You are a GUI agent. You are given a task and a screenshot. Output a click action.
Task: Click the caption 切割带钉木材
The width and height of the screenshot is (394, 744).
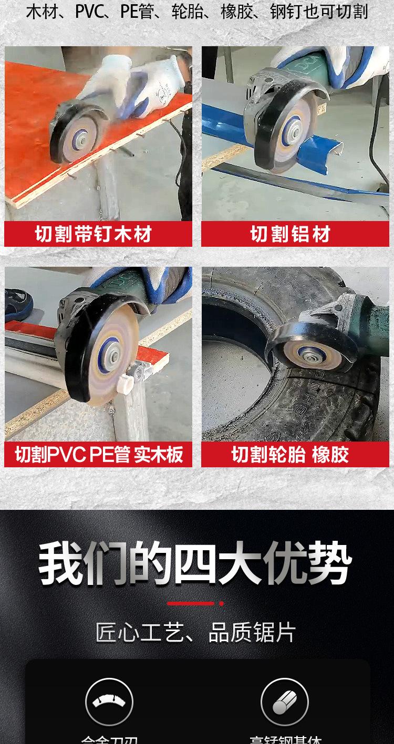pos(98,234)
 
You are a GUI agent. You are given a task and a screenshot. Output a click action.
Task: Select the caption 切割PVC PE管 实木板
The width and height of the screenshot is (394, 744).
pos(98,455)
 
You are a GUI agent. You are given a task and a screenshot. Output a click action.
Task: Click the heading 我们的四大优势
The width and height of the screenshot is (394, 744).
pos(195,565)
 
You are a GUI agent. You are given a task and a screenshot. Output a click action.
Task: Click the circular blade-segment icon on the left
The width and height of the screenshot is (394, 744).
pos(109,702)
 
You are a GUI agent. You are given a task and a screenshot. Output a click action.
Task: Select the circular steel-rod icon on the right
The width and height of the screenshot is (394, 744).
pos(285,702)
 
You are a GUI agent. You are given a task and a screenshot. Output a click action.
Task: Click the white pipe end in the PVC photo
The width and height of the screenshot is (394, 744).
pos(125,382)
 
